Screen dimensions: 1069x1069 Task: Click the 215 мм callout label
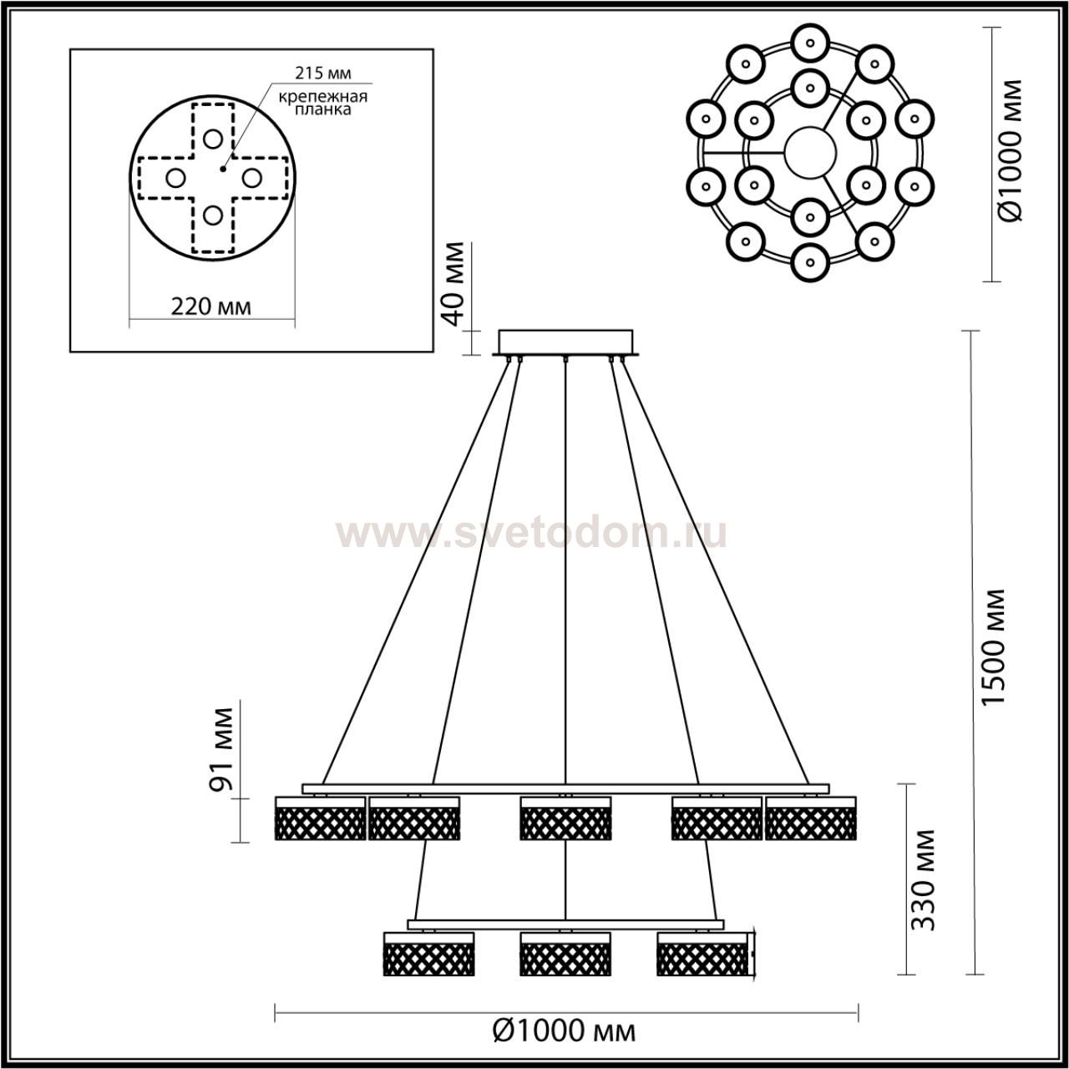click(322, 73)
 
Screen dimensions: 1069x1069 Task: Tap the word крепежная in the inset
click(323, 97)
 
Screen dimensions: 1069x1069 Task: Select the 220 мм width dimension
click(210, 307)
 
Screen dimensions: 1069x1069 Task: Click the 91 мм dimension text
click(223, 749)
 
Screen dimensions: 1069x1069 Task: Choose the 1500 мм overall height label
click(994, 655)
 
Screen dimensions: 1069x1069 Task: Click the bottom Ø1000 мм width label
click(565, 1031)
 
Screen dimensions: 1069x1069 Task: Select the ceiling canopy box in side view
click(565, 342)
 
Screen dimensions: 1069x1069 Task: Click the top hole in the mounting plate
click(212, 138)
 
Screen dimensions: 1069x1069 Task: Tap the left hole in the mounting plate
click(176, 178)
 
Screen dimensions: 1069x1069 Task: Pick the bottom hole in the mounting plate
click(212, 215)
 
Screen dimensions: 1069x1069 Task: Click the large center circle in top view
click(810, 153)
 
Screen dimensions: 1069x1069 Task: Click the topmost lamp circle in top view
click(810, 43)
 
